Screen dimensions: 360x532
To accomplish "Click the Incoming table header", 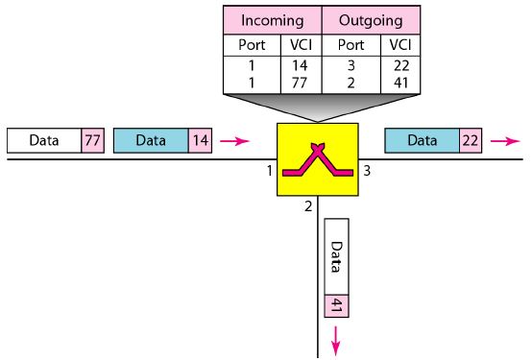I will click(272, 18).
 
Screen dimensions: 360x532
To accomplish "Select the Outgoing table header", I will click(370, 18).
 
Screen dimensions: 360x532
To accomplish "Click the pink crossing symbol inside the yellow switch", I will click(316, 159).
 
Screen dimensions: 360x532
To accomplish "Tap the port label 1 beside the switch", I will click(269, 171).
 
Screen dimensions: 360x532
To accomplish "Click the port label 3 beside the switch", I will click(367, 171).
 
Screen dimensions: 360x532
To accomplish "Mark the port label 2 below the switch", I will click(307, 205).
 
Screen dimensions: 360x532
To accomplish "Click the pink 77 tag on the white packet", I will click(93, 140).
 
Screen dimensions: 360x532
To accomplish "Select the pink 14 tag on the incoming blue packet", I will click(199, 140).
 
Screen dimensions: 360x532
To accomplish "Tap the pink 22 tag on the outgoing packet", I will click(471, 140).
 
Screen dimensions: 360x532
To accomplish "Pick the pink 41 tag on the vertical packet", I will click(336, 306).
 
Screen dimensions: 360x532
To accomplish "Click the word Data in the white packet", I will click(44, 140).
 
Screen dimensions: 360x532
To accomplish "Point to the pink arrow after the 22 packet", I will click(502, 140).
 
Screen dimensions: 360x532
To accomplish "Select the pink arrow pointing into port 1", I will click(232, 140).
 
